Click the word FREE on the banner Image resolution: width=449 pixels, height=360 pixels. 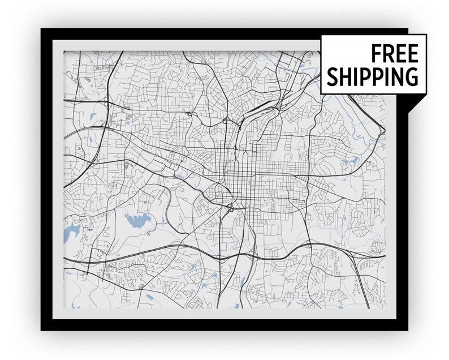[x=395, y=54]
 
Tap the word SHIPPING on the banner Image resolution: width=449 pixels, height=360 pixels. [x=373, y=76]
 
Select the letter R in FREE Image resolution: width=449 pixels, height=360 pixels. [x=388, y=54]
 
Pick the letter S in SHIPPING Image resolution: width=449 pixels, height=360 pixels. [x=332, y=76]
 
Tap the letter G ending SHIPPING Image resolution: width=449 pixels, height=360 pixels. [x=412, y=76]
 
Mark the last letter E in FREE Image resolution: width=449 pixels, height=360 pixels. [x=413, y=54]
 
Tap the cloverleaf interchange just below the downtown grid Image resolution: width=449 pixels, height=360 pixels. [x=231, y=209]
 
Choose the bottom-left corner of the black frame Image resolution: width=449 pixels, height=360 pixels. [x=42, y=329]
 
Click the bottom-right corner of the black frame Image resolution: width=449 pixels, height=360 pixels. [x=407, y=329]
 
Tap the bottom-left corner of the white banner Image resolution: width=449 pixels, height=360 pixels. [x=322, y=93]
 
